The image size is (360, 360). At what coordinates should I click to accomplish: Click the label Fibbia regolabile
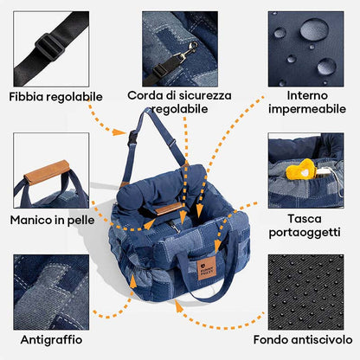55,96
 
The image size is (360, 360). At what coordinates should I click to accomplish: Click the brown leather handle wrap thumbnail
50,170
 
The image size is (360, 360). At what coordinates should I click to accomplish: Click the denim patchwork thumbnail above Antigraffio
50,290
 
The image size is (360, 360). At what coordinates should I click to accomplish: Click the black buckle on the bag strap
135,138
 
